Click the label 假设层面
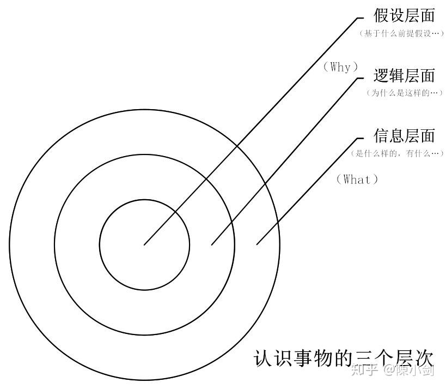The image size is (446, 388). (x=404, y=15)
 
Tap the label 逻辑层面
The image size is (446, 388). (x=404, y=75)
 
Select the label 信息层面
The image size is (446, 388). (x=404, y=135)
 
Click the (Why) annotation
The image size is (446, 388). (x=341, y=67)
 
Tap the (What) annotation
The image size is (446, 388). (x=357, y=179)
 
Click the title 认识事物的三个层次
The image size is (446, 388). (x=344, y=359)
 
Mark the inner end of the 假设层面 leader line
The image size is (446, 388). (x=144, y=244)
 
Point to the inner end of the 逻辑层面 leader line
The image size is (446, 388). (x=212, y=244)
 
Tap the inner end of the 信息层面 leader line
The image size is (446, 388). (x=256, y=244)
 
